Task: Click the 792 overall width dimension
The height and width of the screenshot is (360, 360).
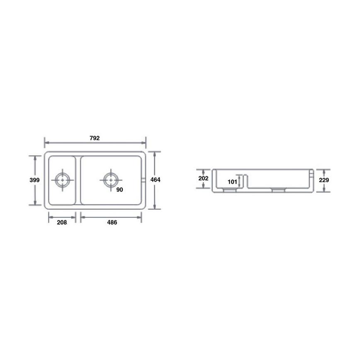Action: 95,138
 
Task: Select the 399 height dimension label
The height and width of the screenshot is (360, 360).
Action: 35,180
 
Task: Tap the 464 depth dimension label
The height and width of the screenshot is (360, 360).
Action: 155,180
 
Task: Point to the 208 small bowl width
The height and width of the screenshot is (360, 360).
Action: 62,222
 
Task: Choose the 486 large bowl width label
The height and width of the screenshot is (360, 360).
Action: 112,222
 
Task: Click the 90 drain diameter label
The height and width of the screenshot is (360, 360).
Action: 119,190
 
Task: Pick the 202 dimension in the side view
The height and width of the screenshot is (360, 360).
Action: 203,178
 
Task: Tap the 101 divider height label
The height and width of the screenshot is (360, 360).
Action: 232,182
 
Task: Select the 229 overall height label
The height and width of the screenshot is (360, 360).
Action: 324,181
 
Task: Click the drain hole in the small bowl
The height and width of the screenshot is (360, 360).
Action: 63,180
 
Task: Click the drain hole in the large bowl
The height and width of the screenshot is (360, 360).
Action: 111,180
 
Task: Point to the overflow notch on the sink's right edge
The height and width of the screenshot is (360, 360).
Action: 143,180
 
